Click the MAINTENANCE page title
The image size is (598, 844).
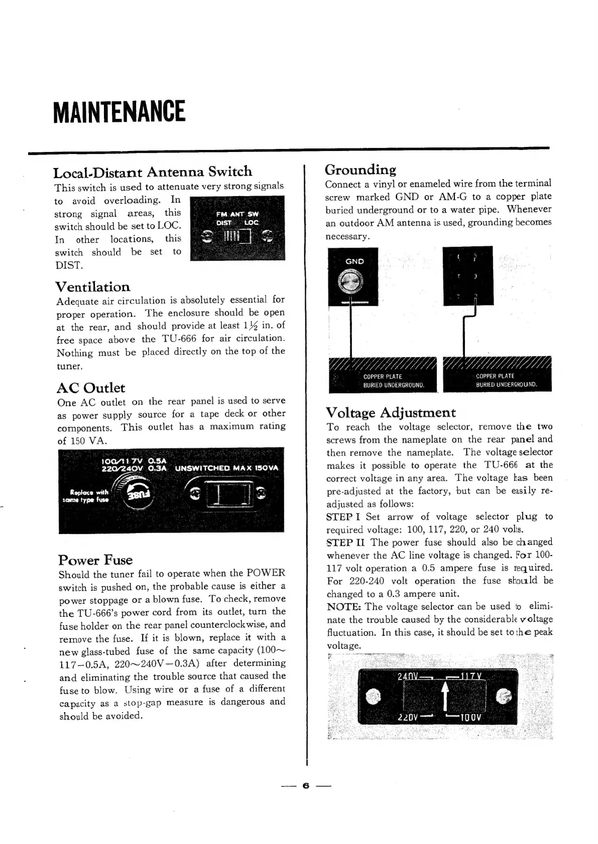point(119,112)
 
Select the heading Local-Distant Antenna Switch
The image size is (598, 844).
point(153,172)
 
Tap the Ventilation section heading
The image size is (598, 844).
point(93,287)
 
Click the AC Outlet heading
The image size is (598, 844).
point(91,388)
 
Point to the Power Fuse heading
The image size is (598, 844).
point(95,560)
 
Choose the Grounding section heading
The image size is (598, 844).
point(361,170)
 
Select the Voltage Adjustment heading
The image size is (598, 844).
point(391,413)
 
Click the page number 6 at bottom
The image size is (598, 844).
point(305,786)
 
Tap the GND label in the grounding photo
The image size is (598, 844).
point(354,261)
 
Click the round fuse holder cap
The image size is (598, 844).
point(138,494)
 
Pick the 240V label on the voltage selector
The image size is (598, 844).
point(408,677)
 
